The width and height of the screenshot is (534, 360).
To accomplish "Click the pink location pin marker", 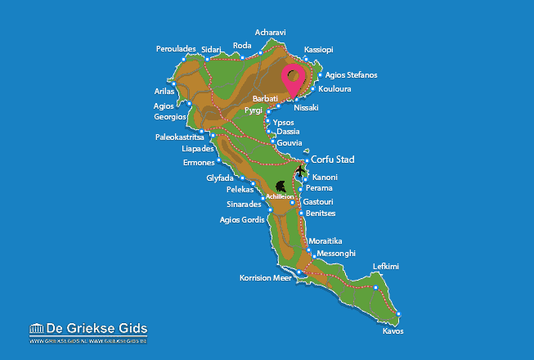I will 294,79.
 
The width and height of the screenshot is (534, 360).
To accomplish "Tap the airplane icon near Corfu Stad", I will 300,171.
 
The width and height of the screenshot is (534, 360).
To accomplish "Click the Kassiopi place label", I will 318,50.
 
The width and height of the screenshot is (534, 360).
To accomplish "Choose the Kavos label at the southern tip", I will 393,331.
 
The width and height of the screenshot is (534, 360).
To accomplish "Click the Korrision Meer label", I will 266,278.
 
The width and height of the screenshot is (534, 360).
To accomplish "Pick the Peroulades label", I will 176,49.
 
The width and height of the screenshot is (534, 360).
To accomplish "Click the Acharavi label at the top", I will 271,33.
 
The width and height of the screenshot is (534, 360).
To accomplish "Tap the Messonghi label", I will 335,254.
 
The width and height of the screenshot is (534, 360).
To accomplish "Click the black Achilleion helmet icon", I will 283,187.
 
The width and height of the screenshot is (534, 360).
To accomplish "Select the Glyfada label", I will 226,178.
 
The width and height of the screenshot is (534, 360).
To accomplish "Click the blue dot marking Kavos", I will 400,315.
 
